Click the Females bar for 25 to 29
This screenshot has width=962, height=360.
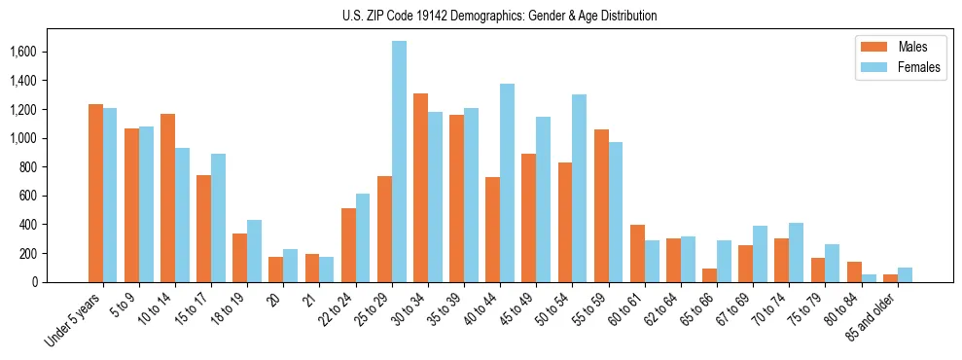(399, 162)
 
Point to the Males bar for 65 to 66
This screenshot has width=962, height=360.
(709, 275)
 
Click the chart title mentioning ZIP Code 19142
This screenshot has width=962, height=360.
(499, 16)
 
